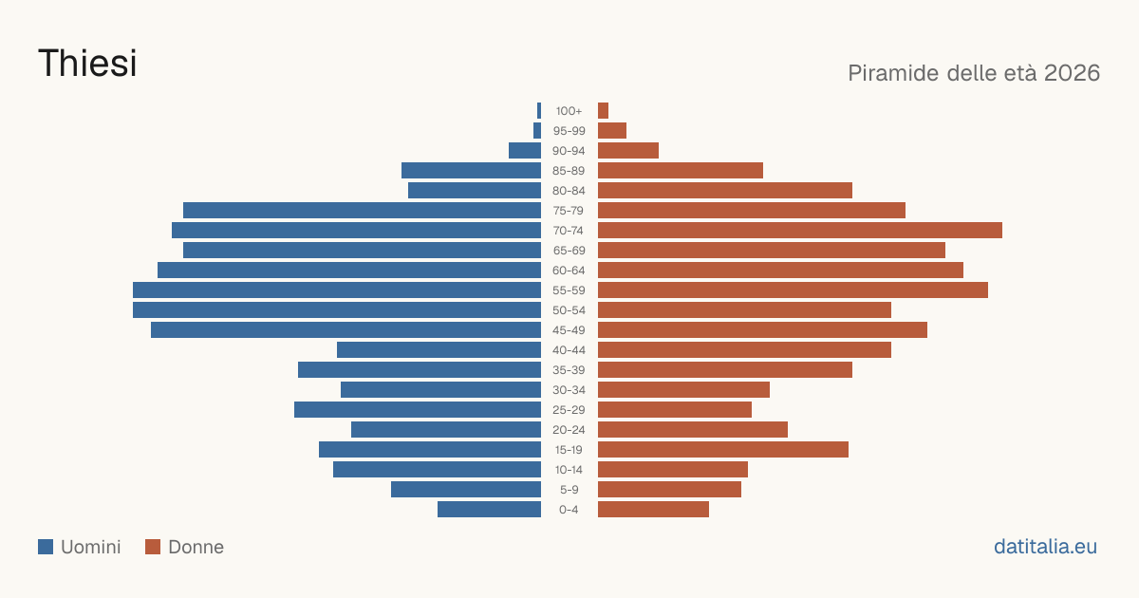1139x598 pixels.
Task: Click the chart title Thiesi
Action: pos(87,63)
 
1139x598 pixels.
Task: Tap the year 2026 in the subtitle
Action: pos(1072,73)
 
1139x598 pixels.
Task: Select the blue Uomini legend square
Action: pos(46,547)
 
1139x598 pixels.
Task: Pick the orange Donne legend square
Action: pos(153,547)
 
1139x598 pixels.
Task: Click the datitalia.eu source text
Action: pos(1045,547)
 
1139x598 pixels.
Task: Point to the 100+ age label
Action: pos(569,111)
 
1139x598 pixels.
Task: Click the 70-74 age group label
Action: pos(569,231)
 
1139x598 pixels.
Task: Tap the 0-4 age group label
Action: pos(569,510)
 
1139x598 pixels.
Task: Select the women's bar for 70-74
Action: pos(800,231)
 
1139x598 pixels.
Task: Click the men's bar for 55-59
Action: pos(337,290)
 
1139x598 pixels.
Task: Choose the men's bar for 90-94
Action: pos(525,151)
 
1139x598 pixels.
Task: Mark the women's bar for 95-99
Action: pos(612,131)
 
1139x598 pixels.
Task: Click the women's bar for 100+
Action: pos(603,111)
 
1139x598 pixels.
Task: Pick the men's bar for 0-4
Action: pos(489,510)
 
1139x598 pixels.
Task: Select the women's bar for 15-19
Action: pos(723,450)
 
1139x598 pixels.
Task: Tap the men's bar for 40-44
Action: pos(439,350)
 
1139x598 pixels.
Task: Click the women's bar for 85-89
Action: pos(681,170)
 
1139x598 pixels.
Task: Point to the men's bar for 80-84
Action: pos(475,191)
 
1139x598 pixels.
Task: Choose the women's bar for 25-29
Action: pos(675,410)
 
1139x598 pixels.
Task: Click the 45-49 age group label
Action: pos(569,330)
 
